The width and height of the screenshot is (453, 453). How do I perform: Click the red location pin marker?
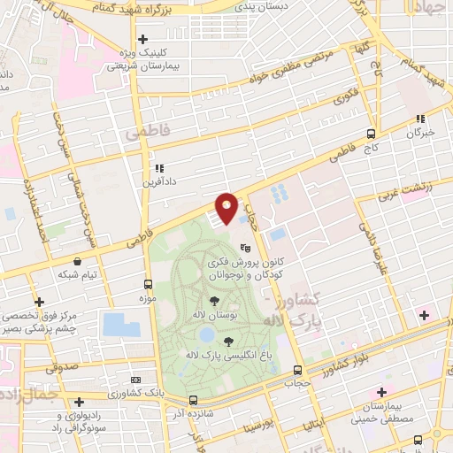[x=226, y=208]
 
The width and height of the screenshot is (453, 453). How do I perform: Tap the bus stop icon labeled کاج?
[x=371, y=135]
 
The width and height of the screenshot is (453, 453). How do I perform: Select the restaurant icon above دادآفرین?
[x=159, y=167]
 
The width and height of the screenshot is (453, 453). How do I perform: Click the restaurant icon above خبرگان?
[x=421, y=118]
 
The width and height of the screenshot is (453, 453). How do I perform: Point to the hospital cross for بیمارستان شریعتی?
[x=142, y=40]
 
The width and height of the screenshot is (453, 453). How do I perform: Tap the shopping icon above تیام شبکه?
[x=80, y=261]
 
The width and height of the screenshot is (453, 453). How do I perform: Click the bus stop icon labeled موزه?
[x=148, y=285]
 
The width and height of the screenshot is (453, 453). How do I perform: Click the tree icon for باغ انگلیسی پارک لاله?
[x=229, y=340]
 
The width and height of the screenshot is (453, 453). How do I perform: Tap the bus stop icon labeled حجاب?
[x=296, y=370]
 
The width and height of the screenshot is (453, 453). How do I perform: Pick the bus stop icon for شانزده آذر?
[x=192, y=412]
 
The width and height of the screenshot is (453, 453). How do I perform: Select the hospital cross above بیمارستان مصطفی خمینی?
[x=381, y=392]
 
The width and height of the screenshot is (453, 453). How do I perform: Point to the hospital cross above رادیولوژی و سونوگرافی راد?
[x=80, y=402]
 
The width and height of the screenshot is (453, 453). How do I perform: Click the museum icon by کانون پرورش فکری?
[x=245, y=250]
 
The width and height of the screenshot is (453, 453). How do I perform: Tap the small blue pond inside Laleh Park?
[x=206, y=335]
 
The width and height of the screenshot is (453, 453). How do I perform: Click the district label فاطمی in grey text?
[x=145, y=134]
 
